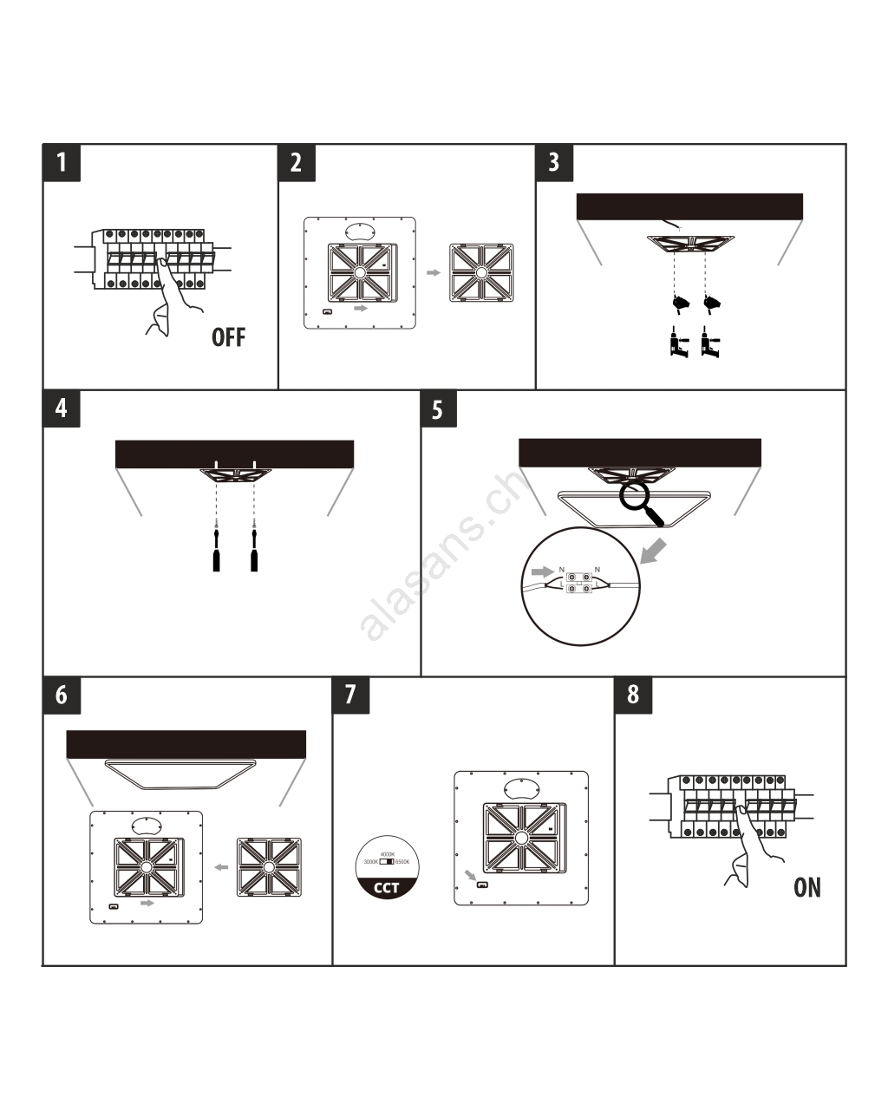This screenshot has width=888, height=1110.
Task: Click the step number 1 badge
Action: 62,162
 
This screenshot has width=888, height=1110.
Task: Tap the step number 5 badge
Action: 438,409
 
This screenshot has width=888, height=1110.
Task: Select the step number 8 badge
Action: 633,695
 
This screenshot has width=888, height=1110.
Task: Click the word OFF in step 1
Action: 229,336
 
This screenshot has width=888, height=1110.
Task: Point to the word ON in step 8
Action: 807,887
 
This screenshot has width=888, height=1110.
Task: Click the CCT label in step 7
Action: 387,887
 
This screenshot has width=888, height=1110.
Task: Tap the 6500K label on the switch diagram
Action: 402,862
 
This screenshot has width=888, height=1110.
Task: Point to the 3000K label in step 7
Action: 371,862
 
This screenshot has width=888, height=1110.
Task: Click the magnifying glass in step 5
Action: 640,502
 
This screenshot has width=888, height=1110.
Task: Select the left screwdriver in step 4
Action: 216,547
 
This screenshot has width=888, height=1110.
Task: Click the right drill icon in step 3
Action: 710,342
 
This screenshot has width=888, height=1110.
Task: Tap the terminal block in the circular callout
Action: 579,583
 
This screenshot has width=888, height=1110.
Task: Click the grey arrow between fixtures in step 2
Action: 434,272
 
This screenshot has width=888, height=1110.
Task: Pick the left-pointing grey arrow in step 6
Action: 221,867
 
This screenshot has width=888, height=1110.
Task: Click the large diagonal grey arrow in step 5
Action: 653,552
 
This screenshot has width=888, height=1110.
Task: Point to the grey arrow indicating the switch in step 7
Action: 470,875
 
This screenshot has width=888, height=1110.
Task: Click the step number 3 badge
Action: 554,162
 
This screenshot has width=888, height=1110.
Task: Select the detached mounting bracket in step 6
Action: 269,867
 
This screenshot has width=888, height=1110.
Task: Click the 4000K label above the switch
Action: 388,855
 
